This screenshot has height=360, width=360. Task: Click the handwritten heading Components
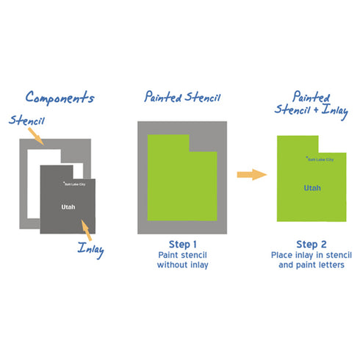click(x=60, y=98)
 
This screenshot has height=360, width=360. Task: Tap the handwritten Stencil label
click(x=26, y=120)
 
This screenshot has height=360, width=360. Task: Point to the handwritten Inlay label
click(x=91, y=250)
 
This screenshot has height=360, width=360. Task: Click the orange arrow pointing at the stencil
click(x=36, y=137)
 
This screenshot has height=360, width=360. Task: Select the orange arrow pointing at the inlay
click(x=86, y=230)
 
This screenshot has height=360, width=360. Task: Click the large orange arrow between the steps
click(x=252, y=175)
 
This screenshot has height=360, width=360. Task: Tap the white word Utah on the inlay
click(x=68, y=207)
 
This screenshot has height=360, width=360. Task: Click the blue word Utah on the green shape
click(x=312, y=188)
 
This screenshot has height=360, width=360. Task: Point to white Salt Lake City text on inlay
click(x=74, y=184)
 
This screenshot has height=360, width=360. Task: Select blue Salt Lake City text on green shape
click(x=320, y=159)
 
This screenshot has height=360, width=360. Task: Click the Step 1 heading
click(x=183, y=244)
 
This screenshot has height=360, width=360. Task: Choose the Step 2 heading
click(x=312, y=244)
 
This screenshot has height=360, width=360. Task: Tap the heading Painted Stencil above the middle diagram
click(x=182, y=97)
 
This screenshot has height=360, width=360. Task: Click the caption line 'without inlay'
click(x=183, y=264)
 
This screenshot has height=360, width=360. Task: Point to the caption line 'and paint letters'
click(x=312, y=264)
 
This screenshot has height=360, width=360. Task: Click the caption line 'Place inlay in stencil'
click(x=312, y=255)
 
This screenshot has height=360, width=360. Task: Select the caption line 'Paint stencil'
click(x=183, y=255)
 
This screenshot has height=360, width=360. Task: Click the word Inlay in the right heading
click(x=335, y=111)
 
